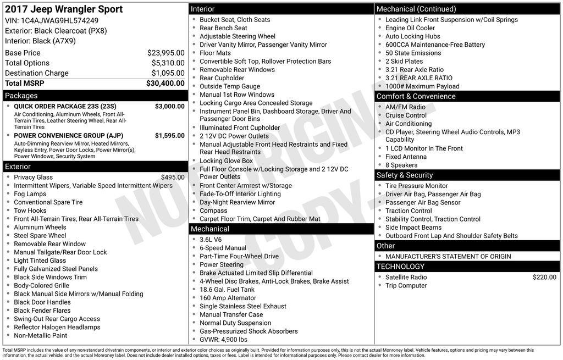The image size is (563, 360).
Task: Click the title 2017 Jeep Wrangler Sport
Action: pos(64,9)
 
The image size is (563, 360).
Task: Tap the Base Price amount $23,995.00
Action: pos(165,53)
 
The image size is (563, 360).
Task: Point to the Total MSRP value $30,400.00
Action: pos(165,83)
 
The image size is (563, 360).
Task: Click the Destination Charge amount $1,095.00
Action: pos(168,73)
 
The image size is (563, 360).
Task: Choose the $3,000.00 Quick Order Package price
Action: pos(169,106)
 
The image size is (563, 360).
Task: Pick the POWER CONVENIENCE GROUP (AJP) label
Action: pos(68,135)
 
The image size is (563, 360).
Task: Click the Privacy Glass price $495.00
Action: pos(173,177)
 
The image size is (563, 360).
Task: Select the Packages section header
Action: pos(21,96)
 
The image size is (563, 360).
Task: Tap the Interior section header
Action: pos(203,9)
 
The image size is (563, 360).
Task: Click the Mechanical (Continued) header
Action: pos(416,9)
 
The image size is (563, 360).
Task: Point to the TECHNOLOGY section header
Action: pos(400,267)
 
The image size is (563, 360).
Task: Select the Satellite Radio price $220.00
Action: pos(544,278)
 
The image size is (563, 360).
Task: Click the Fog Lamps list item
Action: pos(30,194)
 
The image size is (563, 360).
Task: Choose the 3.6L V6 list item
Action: pos(211,240)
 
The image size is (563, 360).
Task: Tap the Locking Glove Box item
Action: pos(226,161)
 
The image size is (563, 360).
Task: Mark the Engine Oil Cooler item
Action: pos(410,28)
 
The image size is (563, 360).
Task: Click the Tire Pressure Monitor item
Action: pos(416,186)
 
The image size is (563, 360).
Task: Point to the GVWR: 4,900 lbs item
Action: pos(223,340)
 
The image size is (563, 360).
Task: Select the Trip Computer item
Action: pos(406,286)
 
